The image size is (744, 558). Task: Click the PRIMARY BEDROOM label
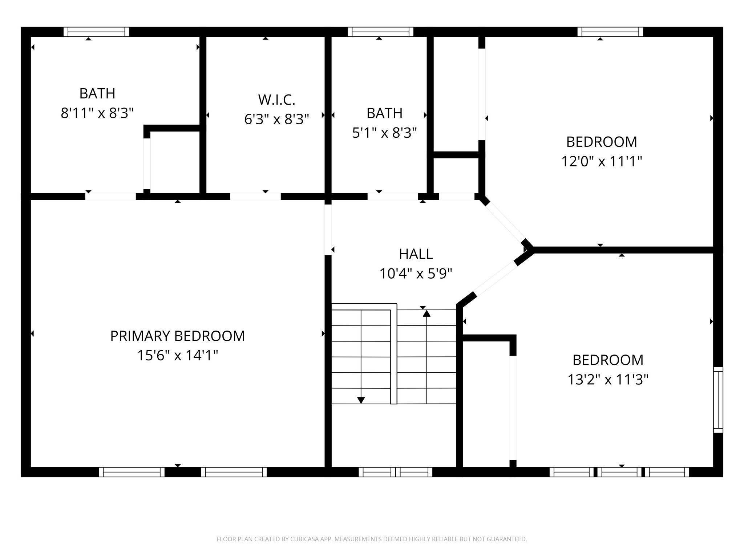(177, 336)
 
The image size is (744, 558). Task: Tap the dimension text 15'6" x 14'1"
(177, 355)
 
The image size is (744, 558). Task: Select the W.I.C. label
(276, 100)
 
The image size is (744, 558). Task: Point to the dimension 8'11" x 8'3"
(97, 113)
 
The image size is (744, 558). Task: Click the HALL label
(416, 254)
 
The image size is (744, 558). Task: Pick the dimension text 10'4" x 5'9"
(416, 274)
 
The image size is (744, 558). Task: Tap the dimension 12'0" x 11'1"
(602, 161)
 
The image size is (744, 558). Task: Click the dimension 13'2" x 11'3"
(608, 380)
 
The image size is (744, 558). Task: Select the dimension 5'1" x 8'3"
(384, 133)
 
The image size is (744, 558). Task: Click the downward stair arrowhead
(361, 400)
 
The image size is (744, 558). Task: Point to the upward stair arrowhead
(426, 314)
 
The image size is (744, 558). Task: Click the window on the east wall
(718, 400)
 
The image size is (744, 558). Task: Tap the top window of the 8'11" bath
(96, 32)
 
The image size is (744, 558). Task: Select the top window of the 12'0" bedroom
(610, 32)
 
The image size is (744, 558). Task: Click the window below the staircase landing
(395, 472)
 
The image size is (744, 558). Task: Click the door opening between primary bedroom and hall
(328, 230)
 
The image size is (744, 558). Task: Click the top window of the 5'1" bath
(380, 32)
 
